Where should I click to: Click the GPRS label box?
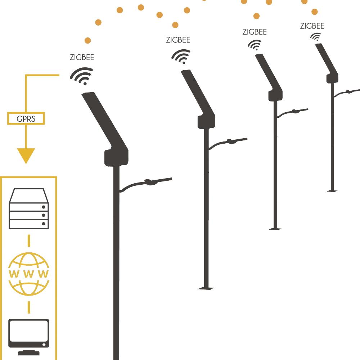click(26, 118)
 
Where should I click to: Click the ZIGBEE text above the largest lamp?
click(82, 58)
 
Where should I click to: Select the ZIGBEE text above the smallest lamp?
click(312, 26)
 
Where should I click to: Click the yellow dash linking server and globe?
click(29, 240)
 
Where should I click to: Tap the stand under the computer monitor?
click(29, 352)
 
